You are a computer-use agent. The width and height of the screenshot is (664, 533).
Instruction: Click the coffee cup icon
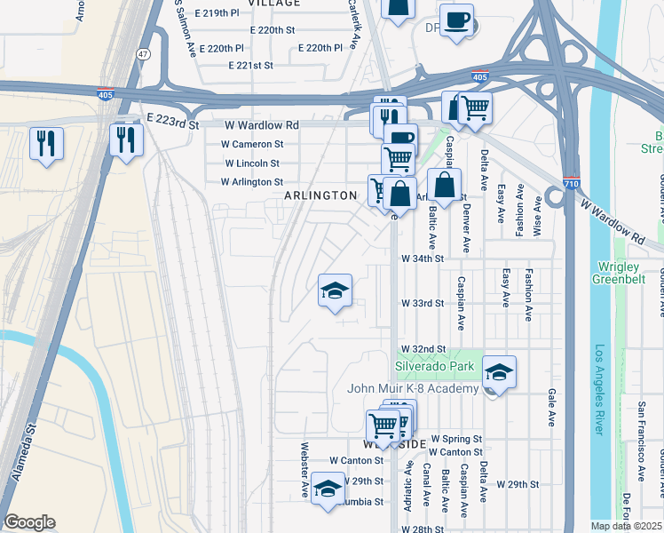point(456,20)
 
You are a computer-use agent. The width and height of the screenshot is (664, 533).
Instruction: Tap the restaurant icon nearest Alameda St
point(46,143)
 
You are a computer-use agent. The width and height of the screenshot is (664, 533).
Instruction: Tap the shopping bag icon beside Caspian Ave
point(444,186)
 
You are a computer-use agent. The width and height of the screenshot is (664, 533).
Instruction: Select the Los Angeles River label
point(602,390)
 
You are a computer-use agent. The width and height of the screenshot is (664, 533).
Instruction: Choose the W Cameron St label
point(253,144)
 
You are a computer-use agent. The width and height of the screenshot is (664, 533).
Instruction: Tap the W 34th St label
point(422,259)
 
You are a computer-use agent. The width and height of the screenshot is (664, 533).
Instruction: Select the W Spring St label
point(455,439)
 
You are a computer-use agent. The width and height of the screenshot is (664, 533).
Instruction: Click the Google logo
point(29,522)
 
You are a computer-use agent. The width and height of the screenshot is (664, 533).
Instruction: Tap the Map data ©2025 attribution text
point(626,526)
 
